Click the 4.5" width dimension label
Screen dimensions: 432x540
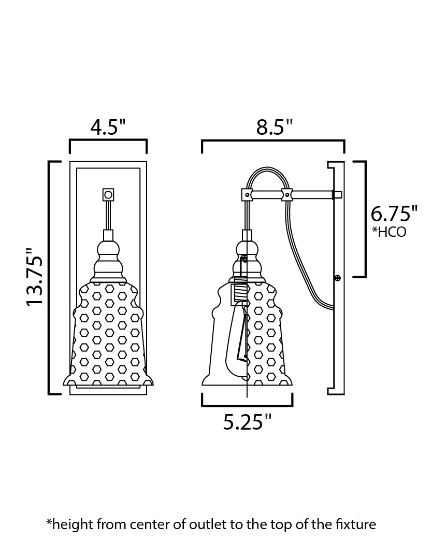click(108, 127)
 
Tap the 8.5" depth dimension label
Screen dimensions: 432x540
click(275, 127)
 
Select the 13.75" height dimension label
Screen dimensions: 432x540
click(35, 277)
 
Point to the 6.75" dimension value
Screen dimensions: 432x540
click(394, 214)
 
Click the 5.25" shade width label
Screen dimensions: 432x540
click(248, 422)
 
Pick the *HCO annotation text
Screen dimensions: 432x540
click(389, 232)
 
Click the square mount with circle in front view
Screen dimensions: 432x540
click(108, 194)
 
